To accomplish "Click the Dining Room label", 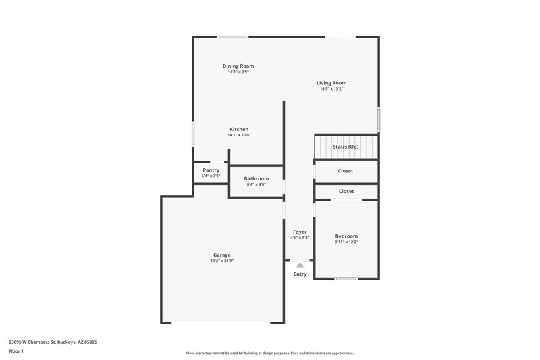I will point(238,66).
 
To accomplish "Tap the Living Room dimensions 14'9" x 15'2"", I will point(331,88).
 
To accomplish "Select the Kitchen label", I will point(239,129).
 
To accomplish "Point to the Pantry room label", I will point(211,170).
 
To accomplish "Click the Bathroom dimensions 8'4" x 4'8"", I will point(256,184).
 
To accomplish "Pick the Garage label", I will point(222,255).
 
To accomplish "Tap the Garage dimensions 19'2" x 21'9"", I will point(222,261).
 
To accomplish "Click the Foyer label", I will point(300,232).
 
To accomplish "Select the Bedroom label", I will point(346,236).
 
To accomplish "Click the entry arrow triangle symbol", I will point(300,265).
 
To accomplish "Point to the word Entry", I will point(300,274).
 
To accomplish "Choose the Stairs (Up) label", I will point(346,147).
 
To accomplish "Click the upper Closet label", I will point(346,171).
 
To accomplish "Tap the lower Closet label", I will point(346,191).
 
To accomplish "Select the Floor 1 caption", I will point(16,351).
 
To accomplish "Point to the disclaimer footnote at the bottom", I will point(269,353).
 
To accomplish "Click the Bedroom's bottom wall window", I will point(346,278).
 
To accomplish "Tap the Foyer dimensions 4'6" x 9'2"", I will point(300,238).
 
